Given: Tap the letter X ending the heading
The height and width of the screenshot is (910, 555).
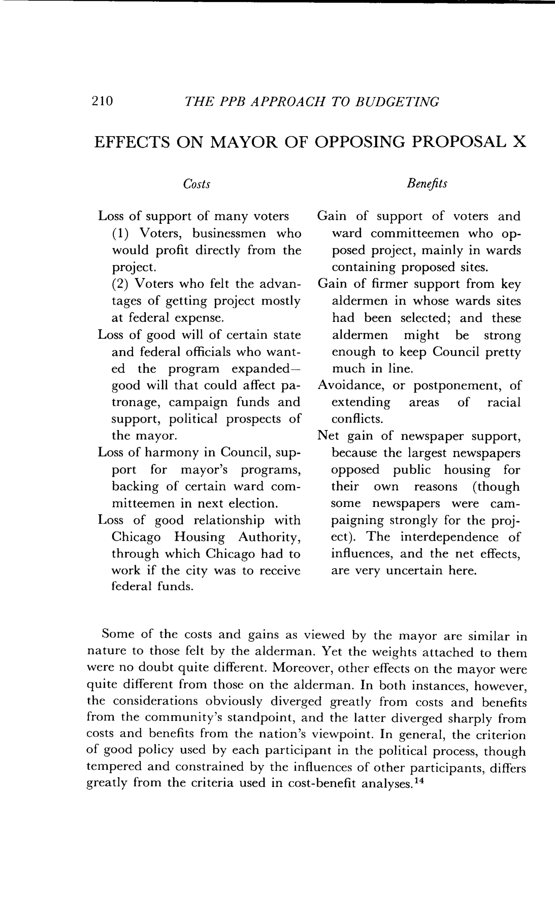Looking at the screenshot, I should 520,142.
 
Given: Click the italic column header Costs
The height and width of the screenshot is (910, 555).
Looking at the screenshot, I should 196,184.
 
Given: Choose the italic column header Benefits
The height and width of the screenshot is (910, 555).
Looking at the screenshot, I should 427,184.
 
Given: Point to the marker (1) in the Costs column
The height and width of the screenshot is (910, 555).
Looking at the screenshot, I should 120,233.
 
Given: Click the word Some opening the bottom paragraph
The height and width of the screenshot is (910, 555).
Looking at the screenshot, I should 118,634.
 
